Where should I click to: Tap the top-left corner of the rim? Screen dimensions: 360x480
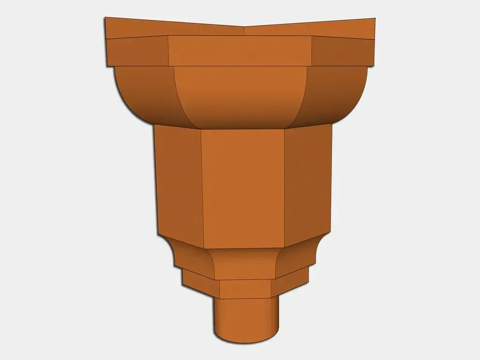105,17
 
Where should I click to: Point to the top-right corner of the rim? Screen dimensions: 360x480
375,18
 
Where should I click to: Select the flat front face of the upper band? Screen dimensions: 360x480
240,51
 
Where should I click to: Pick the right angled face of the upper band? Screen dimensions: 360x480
343,52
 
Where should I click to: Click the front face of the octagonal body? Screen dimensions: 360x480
243,187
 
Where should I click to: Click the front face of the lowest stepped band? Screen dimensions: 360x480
245,288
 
